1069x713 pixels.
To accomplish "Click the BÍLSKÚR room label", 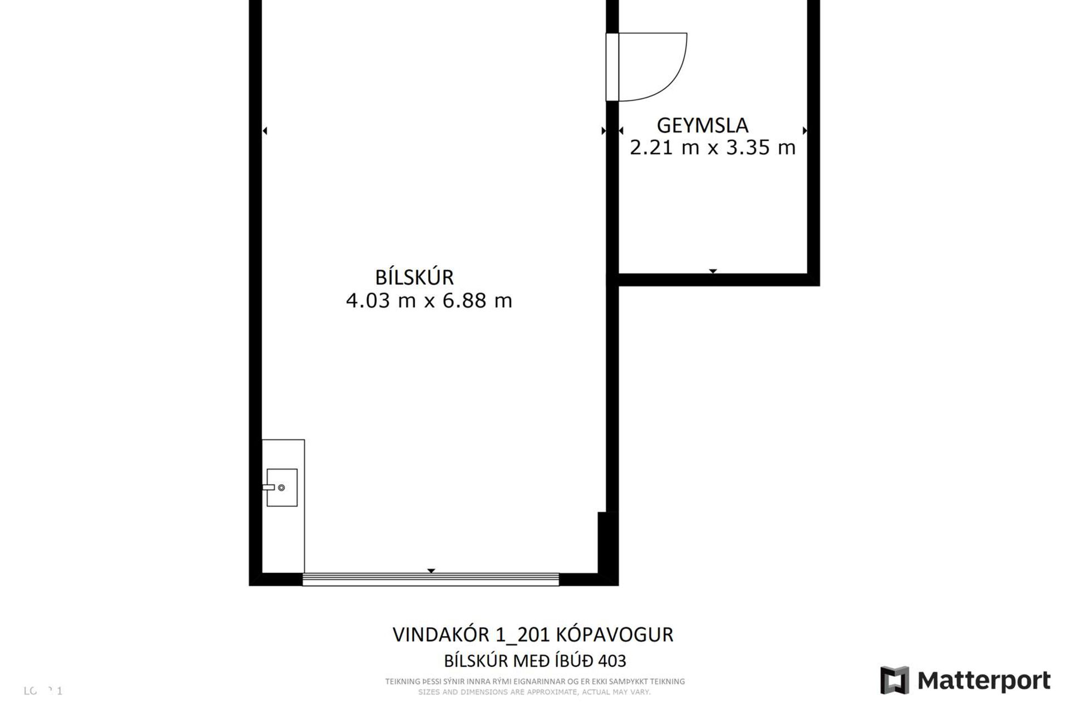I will coord(414,277).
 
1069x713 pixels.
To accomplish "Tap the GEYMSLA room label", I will coord(702,125).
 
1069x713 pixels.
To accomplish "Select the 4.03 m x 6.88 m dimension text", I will coord(429,301).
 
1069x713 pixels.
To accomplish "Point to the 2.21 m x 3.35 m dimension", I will coord(712,148).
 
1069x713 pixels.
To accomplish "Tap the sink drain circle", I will coord(281,488).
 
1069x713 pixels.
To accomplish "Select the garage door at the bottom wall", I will coord(430,579).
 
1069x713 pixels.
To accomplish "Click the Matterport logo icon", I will coord(894,680).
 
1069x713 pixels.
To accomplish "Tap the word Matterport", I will coord(984,681).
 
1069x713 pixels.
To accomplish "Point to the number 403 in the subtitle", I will coord(612,661).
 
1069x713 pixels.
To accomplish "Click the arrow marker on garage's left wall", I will coord(265,131).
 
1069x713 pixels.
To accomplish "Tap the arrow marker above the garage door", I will coord(431,571).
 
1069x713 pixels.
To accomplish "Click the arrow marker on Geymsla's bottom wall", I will coord(713,271).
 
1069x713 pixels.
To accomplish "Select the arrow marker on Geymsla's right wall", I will coord(805,131).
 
